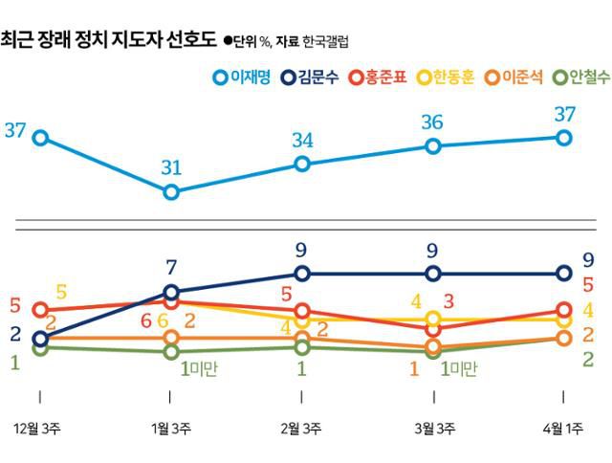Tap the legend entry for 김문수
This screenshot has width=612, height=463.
315,77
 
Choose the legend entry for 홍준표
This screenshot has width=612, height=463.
383,77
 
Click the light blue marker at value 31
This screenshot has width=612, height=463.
171,192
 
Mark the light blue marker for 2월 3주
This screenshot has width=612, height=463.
302,164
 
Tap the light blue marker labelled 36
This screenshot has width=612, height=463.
433,146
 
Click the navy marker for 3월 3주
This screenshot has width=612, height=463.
433,274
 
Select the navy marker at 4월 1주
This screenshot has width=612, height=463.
564,274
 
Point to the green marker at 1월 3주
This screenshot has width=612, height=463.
171,352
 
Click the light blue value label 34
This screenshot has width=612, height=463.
302,141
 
